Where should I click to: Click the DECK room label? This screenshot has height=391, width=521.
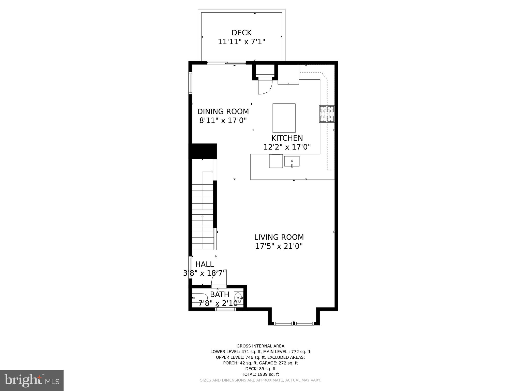point(241,33)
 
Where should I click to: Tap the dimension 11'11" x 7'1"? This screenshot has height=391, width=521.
point(241,41)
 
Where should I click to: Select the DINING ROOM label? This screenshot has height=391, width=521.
point(223,111)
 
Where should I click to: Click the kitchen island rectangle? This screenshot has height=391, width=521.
point(284,118)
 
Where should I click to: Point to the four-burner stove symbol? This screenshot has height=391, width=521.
point(327,114)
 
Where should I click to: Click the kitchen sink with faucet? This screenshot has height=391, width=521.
point(292,161)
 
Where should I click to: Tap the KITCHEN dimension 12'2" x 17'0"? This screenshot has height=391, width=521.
point(287,147)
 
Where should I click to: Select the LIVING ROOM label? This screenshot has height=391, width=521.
point(279,237)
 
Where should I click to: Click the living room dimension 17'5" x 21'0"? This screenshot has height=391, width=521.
point(279,246)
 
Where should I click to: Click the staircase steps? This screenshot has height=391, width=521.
point(202,216)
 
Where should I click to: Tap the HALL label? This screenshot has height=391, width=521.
point(205,264)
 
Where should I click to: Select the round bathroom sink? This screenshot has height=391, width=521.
point(238,297)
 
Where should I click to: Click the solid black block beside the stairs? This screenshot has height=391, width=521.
point(203,151)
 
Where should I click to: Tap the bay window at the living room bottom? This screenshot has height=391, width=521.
point(294,324)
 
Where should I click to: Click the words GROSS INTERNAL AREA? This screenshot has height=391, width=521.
point(260,346)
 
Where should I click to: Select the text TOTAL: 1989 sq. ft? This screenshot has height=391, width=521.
point(260,374)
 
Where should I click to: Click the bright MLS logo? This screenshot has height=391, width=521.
point(32,380)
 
